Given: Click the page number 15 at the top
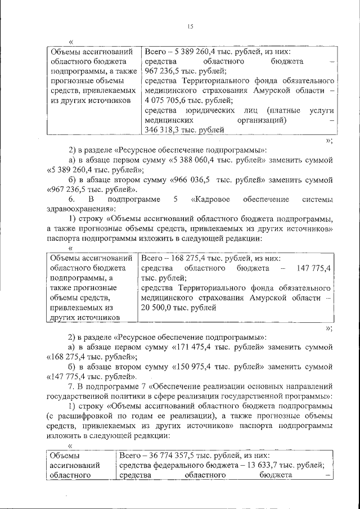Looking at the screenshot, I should point(190,25).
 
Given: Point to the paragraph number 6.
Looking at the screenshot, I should point(71,200).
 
